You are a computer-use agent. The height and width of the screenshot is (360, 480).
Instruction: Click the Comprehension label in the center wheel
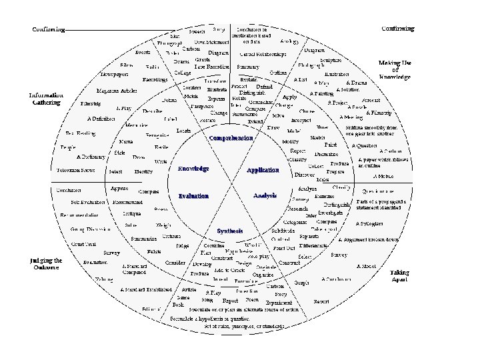(231, 138)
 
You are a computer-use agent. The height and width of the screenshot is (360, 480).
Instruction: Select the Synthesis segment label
(230, 231)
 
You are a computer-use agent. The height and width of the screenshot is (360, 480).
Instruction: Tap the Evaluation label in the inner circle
(193, 196)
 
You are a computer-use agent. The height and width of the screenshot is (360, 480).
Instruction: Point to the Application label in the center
(263, 170)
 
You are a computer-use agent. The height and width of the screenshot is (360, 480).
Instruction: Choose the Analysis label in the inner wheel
(265, 195)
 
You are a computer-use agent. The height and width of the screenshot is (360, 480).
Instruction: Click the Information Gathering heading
(46, 99)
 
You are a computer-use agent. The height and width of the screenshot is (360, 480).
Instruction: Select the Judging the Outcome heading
(46, 264)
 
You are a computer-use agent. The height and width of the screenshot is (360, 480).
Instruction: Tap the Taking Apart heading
(399, 275)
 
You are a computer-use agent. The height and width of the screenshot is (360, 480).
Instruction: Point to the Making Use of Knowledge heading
(395, 70)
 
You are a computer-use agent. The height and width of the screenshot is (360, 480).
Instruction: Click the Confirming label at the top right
(397, 29)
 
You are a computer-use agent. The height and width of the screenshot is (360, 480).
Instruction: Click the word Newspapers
(114, 73)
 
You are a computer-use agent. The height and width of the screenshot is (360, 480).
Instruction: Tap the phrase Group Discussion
(91, 229)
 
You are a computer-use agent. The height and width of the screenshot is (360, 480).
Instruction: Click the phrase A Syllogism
(369, 224)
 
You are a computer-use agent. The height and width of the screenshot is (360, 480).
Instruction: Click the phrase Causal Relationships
(263, 53)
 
